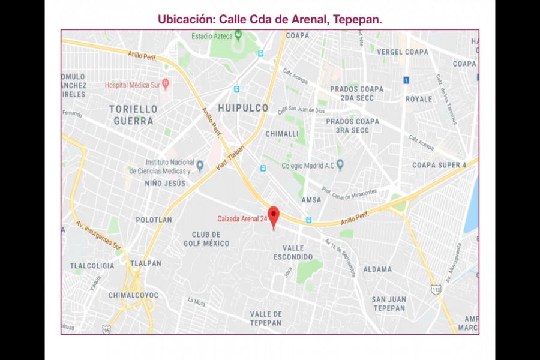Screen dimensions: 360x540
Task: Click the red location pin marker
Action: point(274,215)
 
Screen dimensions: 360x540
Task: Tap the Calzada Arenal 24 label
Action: point(242,219)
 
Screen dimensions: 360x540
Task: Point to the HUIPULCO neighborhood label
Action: point(243,109)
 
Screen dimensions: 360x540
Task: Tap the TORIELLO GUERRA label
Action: point(133,115)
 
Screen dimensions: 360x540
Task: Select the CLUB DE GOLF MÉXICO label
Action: point(211,239)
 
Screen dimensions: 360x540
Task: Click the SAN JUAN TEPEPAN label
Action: point(389,304)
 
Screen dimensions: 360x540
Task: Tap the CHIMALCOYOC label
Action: point(133,295)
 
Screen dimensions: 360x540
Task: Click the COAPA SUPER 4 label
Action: point(439,165)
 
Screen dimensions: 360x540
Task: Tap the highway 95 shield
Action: point(106,329)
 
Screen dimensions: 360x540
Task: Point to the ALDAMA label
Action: point(377,269)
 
